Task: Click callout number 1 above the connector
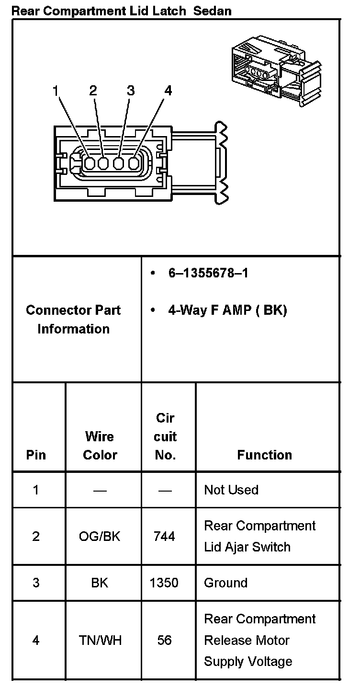click(56, 90)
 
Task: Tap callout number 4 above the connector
click(168, 90)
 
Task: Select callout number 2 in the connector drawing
click(93, 90)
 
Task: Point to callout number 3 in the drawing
click(130, 90)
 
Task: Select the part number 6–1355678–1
click(208, 273)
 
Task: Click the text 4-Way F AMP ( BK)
click(227, 310)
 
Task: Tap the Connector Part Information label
click(74, 319)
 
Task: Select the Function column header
click(264, 455)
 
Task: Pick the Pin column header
click(36, 455)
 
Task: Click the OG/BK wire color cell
click(100, 536)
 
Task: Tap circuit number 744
click(164, 536)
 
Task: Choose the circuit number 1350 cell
click(164, 583)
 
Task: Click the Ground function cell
click(225, 583)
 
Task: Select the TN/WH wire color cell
click(100, 640)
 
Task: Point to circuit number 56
click(164, 640)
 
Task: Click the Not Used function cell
click(231, 490)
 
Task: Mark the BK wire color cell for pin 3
click(100, 583)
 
